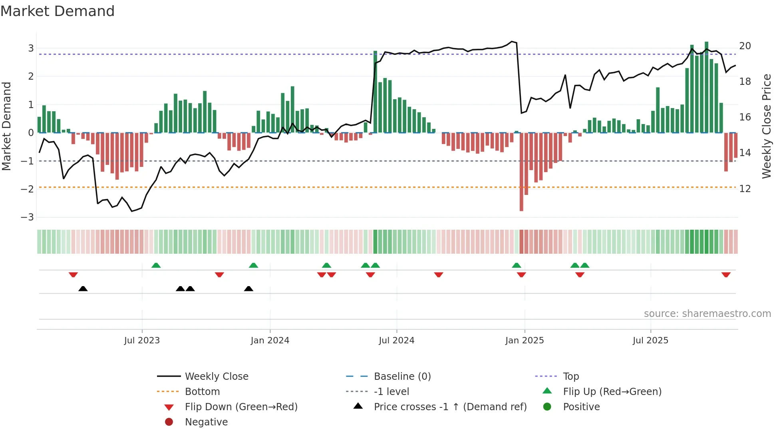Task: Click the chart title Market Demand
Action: [x=58, y=11]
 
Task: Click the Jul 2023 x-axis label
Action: [x=142, y=341]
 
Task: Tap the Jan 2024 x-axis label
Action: [x=270, y=341]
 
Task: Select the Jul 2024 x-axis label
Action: [x=396, y=341]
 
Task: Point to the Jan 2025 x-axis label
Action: [x=524, y=341]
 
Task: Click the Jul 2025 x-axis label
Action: [x=650, y=341]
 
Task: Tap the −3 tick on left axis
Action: [x=28, y=217]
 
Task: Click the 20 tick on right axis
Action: [x=745, y=46]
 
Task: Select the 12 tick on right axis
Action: [x=745, y=189]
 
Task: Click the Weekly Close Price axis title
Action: [x=766, y=126]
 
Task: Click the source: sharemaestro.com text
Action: [x=707, y=314]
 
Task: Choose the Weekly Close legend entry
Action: [x=216, y=377]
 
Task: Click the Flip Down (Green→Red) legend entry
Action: [x=241, y=407]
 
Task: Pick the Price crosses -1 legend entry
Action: [x=450, y=407]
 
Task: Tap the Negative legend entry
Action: [x=206, y=422]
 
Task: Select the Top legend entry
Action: [x=570, y=377]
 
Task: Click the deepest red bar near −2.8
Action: [x=521, y=172]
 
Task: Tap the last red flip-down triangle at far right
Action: [x=726, y=275]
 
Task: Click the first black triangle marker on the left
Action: [x=83, y=289]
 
